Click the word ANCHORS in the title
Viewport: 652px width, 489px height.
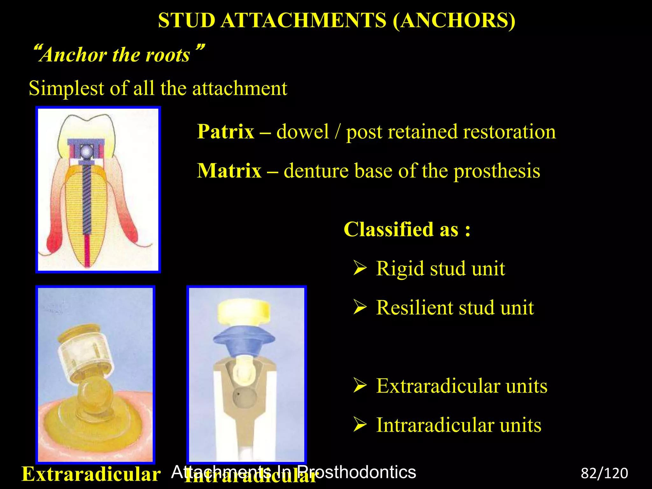click(454, 21)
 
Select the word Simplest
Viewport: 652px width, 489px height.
click(67, 88)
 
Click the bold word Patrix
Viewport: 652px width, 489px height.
click(225, 131)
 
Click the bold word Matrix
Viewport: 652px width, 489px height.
click(229, 171)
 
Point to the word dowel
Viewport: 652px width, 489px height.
click(302, 131)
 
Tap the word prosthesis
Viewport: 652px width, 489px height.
click(497, 171)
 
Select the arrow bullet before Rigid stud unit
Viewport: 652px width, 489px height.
click(360, 268)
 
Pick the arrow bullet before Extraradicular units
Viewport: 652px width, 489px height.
click(360, 386)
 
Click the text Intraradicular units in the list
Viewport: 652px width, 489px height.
click(458, 425)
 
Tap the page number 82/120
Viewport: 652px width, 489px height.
click(604, 473)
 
